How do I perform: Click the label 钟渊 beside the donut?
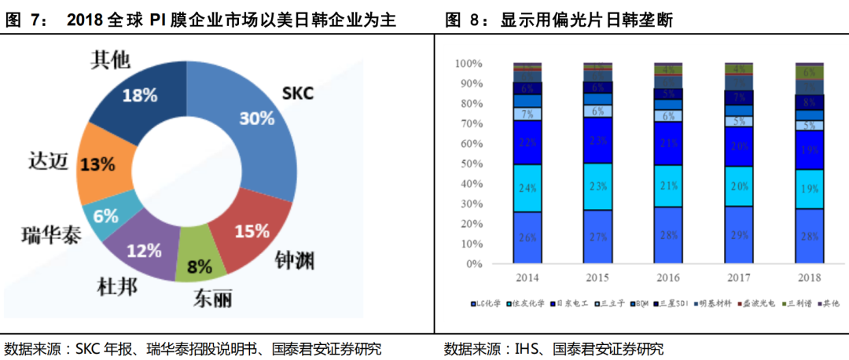click(x=294, y=260)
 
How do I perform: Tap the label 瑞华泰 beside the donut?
click(x=50, y=234)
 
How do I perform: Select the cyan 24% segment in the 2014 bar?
click(x=527, y=188)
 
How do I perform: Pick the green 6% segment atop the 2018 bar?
click(x=809, y=72)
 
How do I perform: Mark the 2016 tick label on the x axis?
click(x=668, y=277)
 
